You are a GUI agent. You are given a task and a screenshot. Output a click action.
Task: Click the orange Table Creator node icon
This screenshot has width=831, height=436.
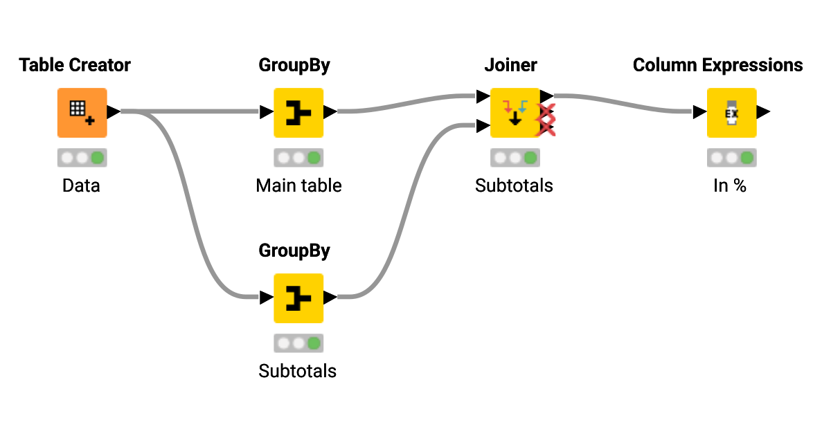[82, 112]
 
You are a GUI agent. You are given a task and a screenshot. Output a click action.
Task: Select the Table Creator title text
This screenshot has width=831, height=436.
[75, 65]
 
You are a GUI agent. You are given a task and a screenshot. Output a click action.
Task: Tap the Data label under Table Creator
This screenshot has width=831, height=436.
[81, 185]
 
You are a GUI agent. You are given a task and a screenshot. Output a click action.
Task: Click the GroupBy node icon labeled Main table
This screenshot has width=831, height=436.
[298, 112]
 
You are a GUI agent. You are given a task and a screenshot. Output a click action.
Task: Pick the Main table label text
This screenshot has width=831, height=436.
[298, 185]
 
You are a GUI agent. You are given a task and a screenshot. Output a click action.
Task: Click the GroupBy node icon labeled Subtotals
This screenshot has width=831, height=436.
[298, 298]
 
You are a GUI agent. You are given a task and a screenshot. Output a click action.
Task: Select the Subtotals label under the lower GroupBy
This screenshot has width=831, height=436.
[297, 371]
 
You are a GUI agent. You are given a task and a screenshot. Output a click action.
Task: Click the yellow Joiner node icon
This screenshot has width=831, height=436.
[515, 112]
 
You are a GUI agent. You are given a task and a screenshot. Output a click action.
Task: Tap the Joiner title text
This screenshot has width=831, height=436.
[510, 65]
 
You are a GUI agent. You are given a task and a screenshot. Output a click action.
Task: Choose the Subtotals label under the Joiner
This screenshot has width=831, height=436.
[514, 185]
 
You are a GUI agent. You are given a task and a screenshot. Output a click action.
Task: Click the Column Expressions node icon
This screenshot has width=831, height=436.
[731, 112]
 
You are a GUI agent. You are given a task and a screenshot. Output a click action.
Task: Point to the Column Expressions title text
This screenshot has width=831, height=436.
[717, 65]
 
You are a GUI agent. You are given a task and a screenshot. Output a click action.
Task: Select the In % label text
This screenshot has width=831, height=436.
[730, 185]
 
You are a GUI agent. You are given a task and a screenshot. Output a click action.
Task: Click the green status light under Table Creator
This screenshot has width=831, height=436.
[98, 158]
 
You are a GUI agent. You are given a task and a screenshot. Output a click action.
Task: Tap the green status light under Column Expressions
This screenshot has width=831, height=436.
[747, 158]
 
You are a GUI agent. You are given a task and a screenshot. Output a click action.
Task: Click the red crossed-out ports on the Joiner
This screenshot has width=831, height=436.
[547, 120]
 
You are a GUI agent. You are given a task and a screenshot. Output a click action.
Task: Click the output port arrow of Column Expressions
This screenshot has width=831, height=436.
[763, 111]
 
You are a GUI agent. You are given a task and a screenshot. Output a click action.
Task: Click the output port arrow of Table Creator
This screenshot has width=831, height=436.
[114, 111]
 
